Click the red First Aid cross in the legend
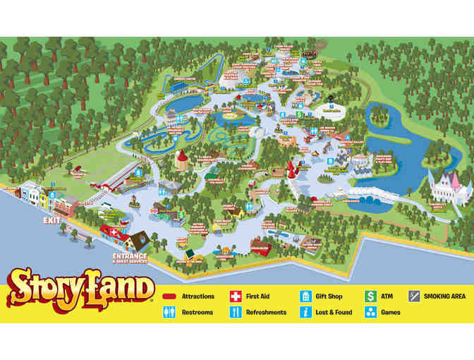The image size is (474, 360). pyautogui.click(x=235, y=297)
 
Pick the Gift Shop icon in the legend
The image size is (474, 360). pyautogui.click(x=305, y=297)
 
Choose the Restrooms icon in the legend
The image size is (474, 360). pyautogui.click(x=169, y=313)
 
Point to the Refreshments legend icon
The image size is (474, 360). pyautogui.click(x=235, y=313)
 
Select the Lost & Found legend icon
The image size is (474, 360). pyautogui.click(x=305, y=313)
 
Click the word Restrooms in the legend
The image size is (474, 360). pyautogui.click(x=197, y=313)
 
